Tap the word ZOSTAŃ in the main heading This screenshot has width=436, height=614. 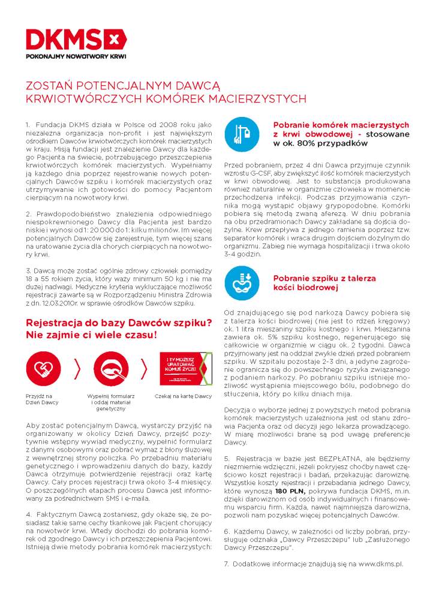(x=47, y=86)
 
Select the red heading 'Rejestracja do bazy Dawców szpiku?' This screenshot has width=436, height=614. (x=118, y=323)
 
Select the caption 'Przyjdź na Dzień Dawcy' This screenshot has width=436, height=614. (x=40, y=399)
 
